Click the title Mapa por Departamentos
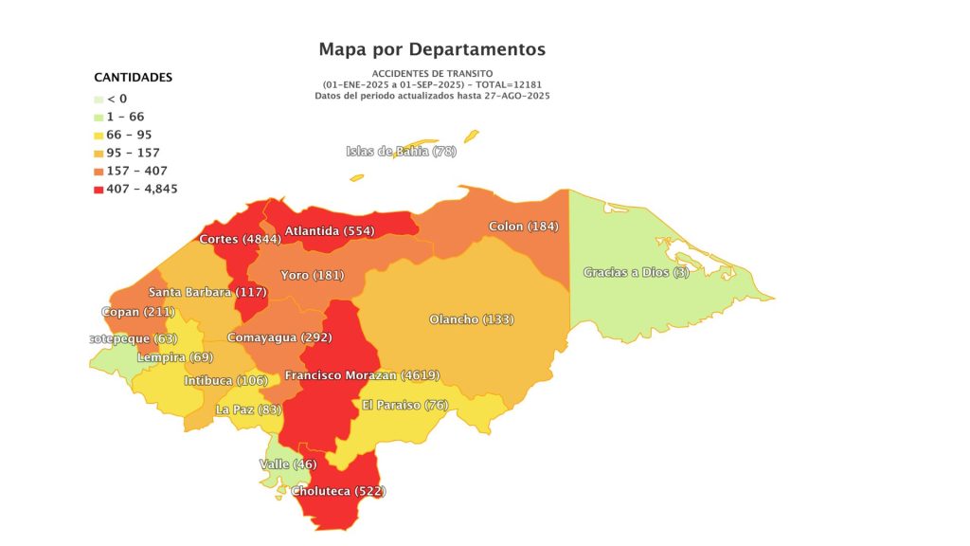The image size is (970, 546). click(x=432, y=48)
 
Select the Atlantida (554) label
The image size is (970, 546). click(x=330, y=230)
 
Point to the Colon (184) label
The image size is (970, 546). click(x=523, y=227)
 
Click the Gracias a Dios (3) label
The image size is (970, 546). click(x=636, y=272)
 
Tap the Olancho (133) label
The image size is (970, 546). click(x=471, y=319)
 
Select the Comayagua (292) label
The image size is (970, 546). click(x=278, y=337)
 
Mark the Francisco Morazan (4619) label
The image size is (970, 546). click(x=362, y=375)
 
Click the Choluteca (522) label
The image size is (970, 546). click(x=338, y=491)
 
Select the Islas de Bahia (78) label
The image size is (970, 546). click(x=402, y=152)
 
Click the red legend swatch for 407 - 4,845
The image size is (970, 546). click(x=99, y=189)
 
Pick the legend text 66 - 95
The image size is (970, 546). click(x=129, y=135)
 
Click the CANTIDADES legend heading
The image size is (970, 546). click(x=133, y=77)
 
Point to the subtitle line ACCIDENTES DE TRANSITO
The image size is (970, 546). click(x=432, y=74)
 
